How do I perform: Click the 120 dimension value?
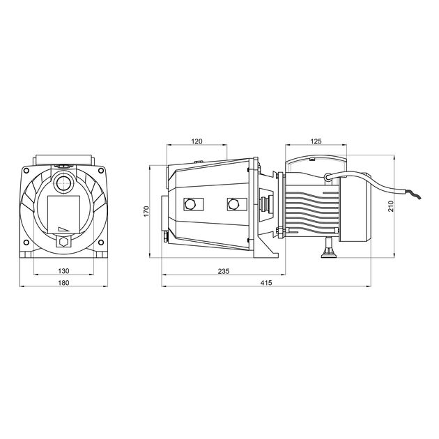coord(197,141)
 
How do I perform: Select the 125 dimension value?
coord(316,141)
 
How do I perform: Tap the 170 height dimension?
coord(146,211)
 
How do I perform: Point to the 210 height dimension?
coord(391,206)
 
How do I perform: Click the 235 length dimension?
coord(224,271)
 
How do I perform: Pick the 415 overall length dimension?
coord(266,283)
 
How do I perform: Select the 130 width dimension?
coord(63,271)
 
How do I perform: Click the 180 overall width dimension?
coord(63,283)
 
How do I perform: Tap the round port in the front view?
coord(64,184)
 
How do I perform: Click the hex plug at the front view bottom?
coord(64,241)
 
